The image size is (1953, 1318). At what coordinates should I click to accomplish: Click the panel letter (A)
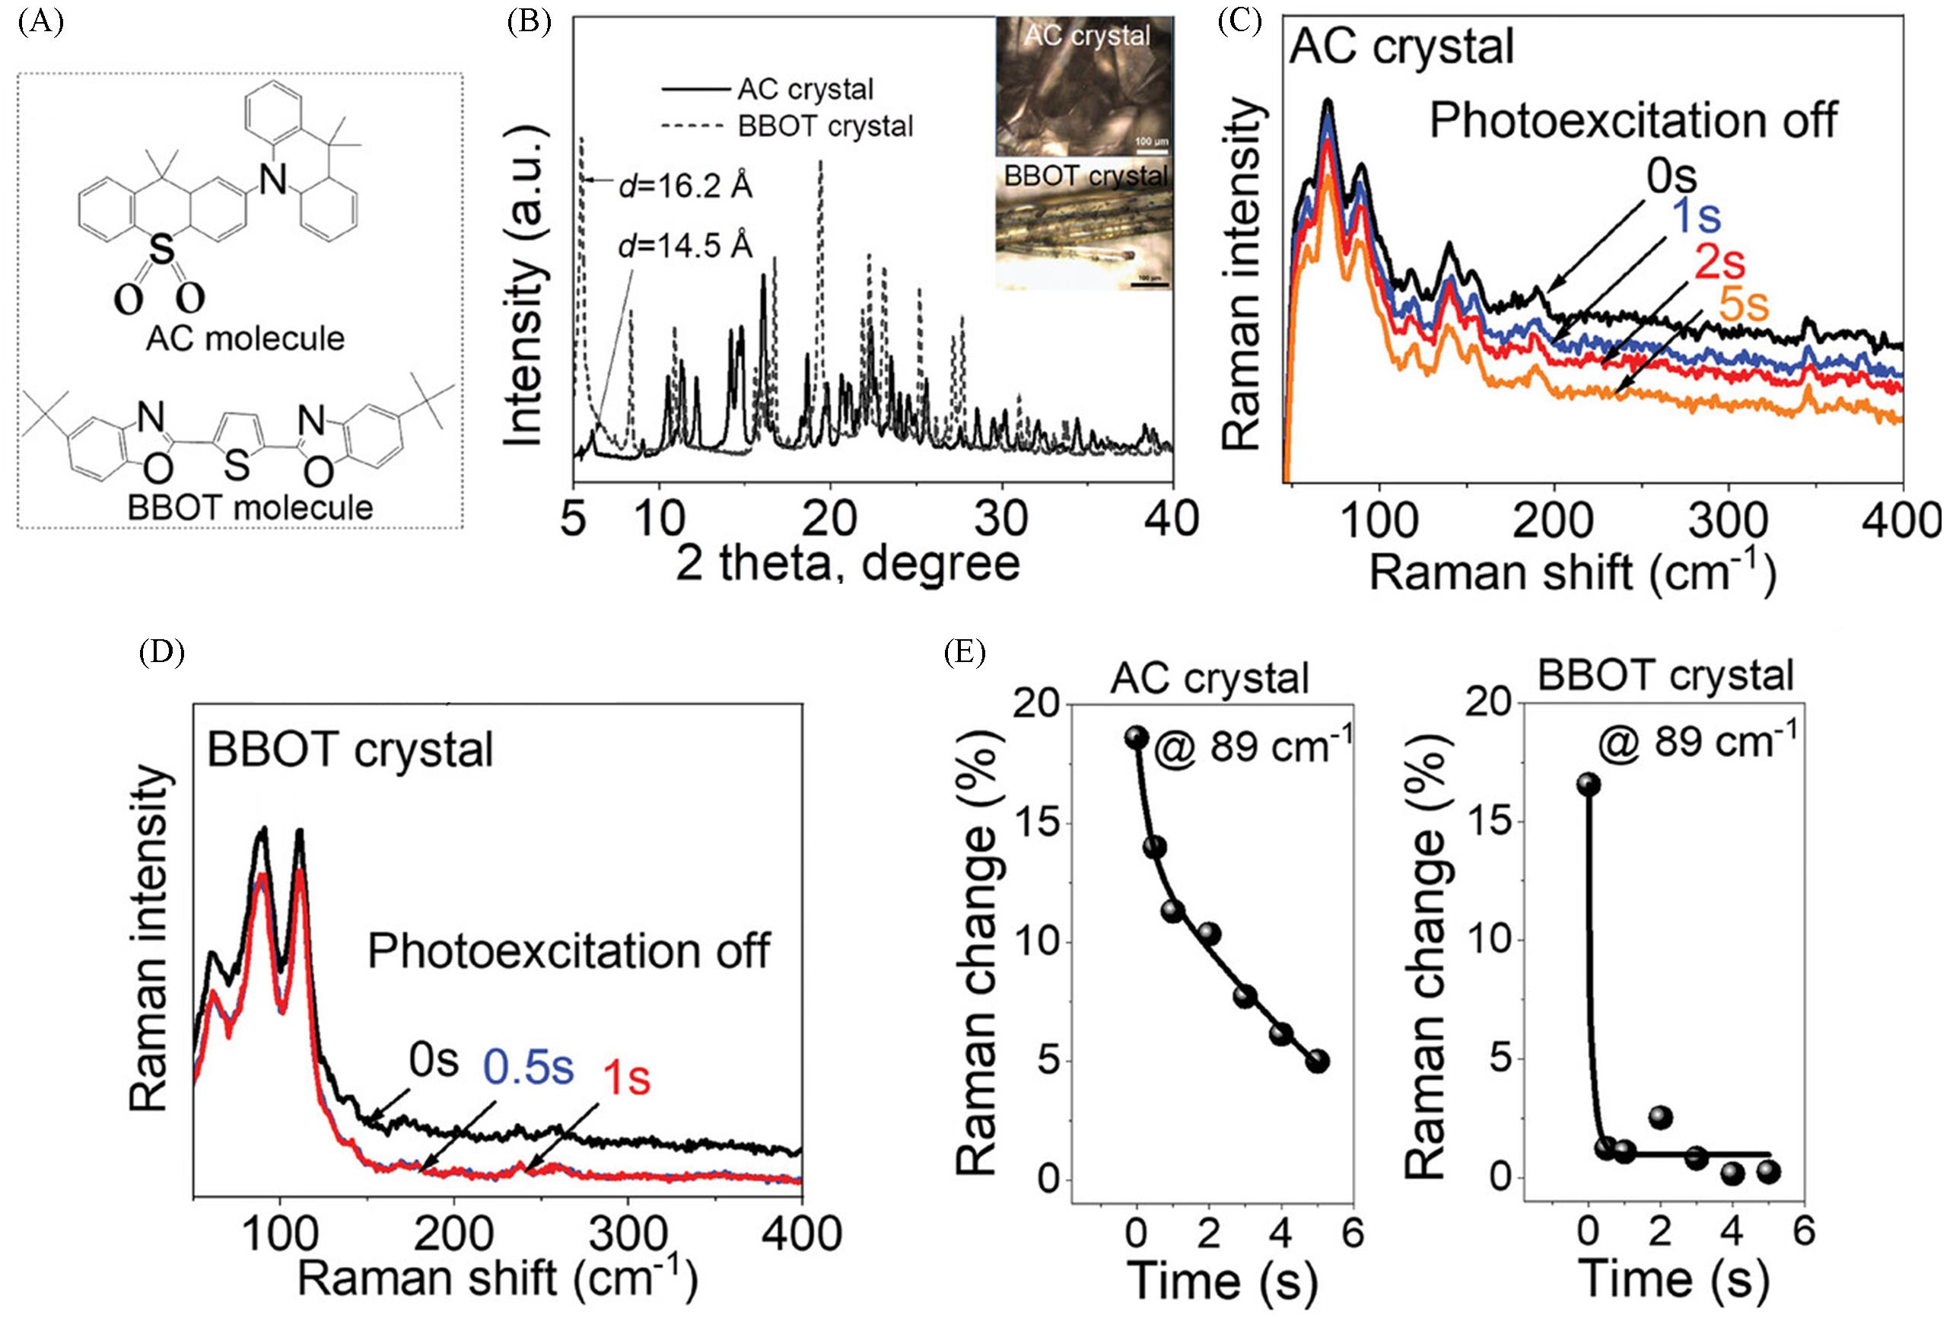point(40,23)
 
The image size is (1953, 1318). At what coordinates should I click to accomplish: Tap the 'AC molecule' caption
point(246,339)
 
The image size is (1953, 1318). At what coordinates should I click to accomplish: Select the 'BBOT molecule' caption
point(250,508)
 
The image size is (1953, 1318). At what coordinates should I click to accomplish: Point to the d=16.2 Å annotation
point(685,186)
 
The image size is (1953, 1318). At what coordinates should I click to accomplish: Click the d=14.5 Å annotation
point(685,247)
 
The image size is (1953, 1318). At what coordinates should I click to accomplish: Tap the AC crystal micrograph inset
point(1083,86)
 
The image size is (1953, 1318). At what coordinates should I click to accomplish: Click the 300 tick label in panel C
point(1729,521)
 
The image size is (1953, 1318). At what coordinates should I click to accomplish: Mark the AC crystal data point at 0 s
point(1137,737)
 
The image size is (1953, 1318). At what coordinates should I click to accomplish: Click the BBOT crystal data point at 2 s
point(1661,1117)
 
